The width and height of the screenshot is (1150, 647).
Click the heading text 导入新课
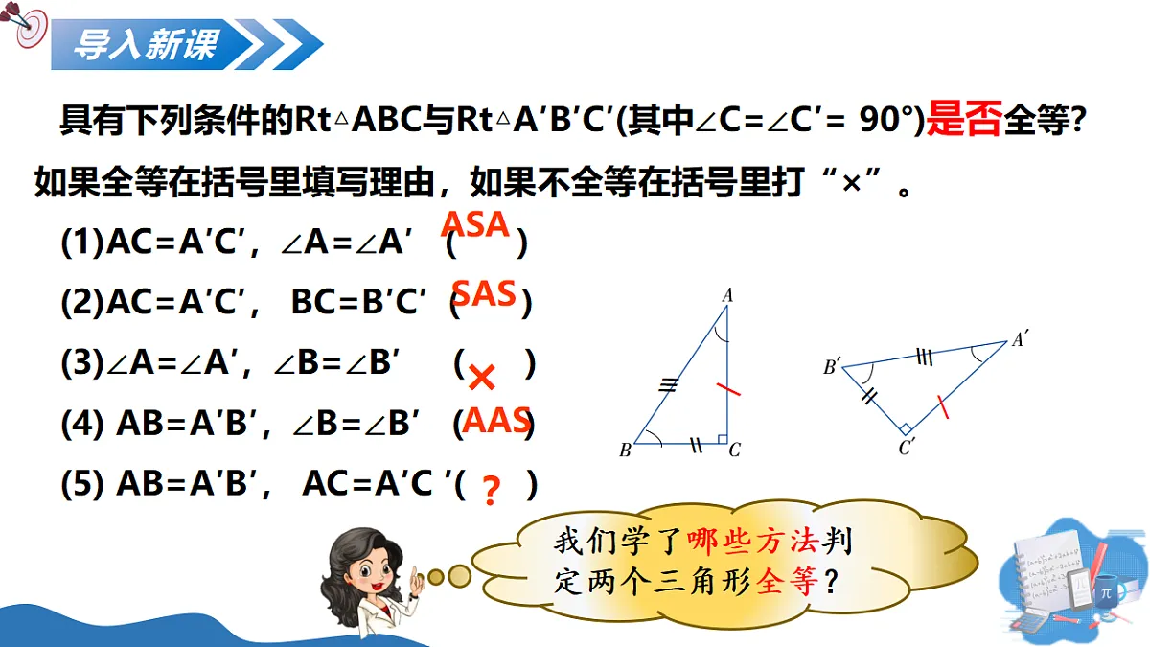point(146,43)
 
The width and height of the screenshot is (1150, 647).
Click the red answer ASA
point(475,224)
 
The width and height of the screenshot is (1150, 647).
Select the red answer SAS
point(484,293)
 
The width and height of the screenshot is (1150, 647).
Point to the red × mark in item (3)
point(482,378)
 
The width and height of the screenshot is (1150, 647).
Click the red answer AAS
point(496,420)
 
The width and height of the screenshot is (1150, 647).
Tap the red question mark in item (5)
point(492,492)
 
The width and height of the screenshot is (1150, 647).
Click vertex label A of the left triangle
point(727,297)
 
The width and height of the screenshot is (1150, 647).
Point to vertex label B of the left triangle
point(625,451)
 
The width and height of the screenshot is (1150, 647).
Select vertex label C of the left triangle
point(735,450)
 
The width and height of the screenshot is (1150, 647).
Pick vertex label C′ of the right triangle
point(907,446)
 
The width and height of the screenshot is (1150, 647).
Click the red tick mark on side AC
point(728,390)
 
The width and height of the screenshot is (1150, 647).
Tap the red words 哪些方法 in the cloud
point(751,542)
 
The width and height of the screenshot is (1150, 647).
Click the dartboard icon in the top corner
point(29,29)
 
